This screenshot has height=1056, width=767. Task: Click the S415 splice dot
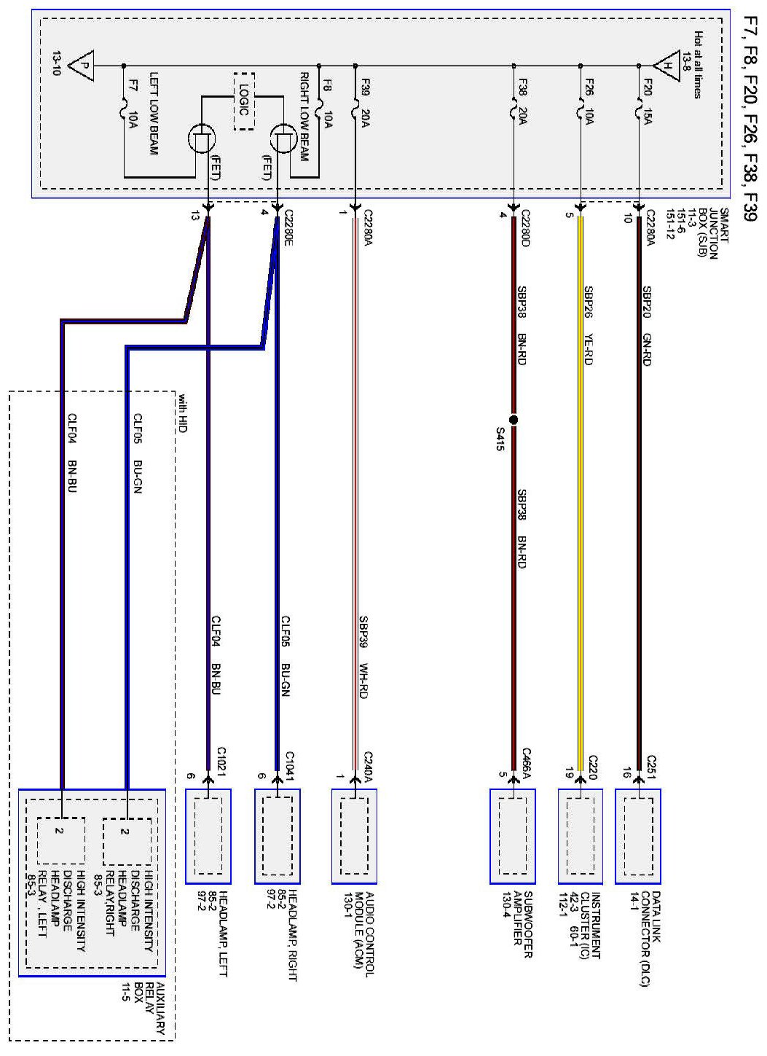513,421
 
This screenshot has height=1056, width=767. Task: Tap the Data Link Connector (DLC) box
637,836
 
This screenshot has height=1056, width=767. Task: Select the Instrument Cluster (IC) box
581,836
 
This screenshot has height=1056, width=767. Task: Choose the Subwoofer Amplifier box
513,836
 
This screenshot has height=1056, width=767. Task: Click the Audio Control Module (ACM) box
355,836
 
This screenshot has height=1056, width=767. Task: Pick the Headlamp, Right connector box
277,836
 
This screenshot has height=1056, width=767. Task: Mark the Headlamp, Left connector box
208,836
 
